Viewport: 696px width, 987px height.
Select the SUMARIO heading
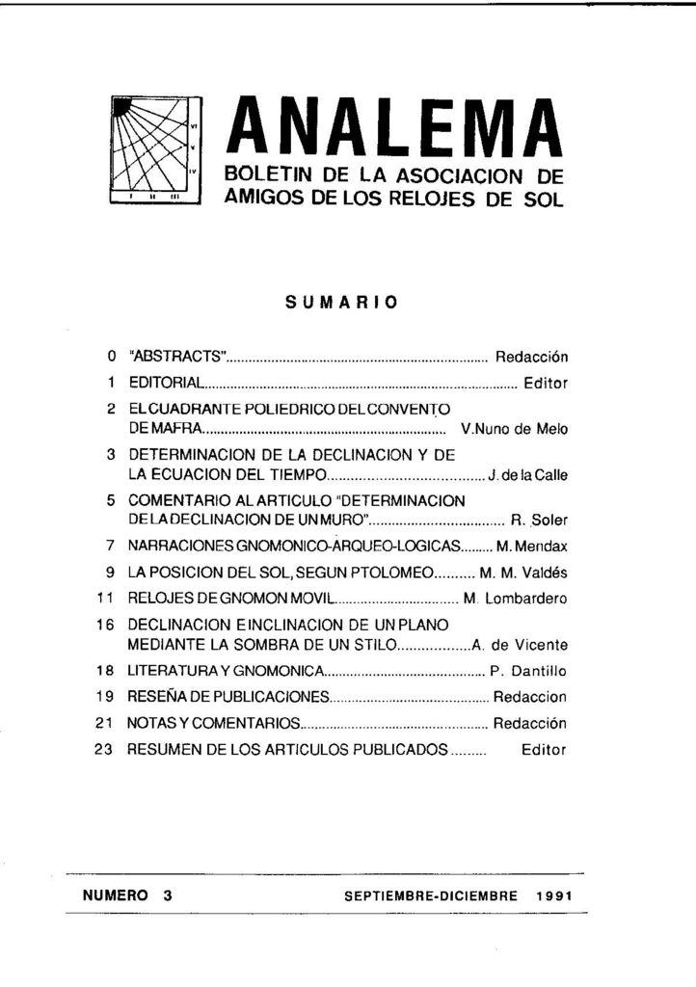coord(341,302)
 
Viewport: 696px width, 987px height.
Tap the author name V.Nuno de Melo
coord(515,430)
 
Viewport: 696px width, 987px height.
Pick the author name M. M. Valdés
coord(523,571)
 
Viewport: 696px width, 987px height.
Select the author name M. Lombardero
coord(516,599)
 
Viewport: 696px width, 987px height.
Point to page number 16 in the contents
coord(106,625)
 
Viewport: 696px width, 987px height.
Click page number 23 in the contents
coord(106,749)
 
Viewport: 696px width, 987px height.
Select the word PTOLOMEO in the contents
coord(391,571)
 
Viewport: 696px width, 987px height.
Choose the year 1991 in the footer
coord(556,895)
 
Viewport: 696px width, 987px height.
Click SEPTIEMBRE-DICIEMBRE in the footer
coord(431,895)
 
